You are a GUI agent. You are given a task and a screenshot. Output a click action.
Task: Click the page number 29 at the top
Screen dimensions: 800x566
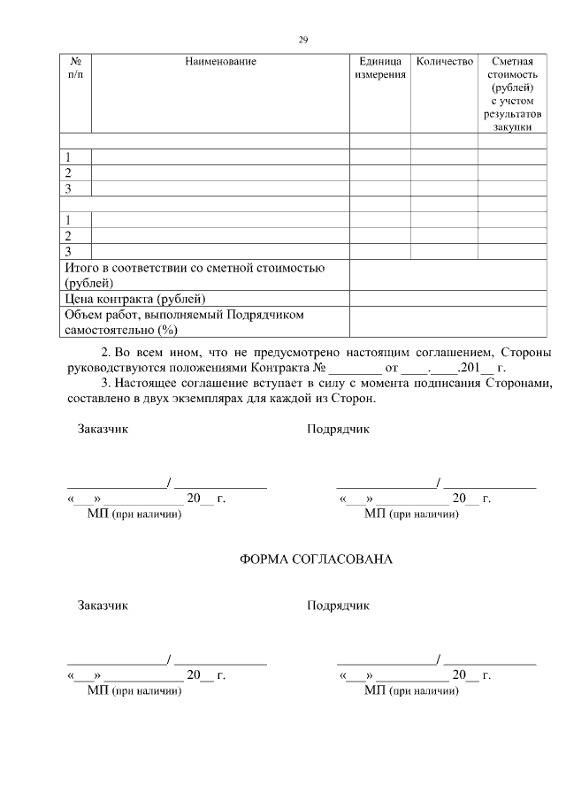click(x=302, y=40)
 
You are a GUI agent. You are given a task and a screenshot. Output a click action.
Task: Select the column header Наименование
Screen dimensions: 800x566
click(x=220, y=61)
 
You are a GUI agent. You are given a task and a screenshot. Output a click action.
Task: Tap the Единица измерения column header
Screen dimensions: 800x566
click(x=380, y=68)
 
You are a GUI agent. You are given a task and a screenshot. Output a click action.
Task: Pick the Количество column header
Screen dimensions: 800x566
click(x=444, y=61)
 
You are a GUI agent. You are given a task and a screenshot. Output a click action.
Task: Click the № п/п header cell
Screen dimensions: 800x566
click(x=75, y=68)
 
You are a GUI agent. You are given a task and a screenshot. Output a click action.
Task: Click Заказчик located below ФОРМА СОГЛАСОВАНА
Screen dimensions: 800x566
click(x=103, y=606)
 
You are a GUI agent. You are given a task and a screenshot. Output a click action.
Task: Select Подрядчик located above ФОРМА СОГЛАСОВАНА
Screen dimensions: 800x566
click(x=338, y=430)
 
